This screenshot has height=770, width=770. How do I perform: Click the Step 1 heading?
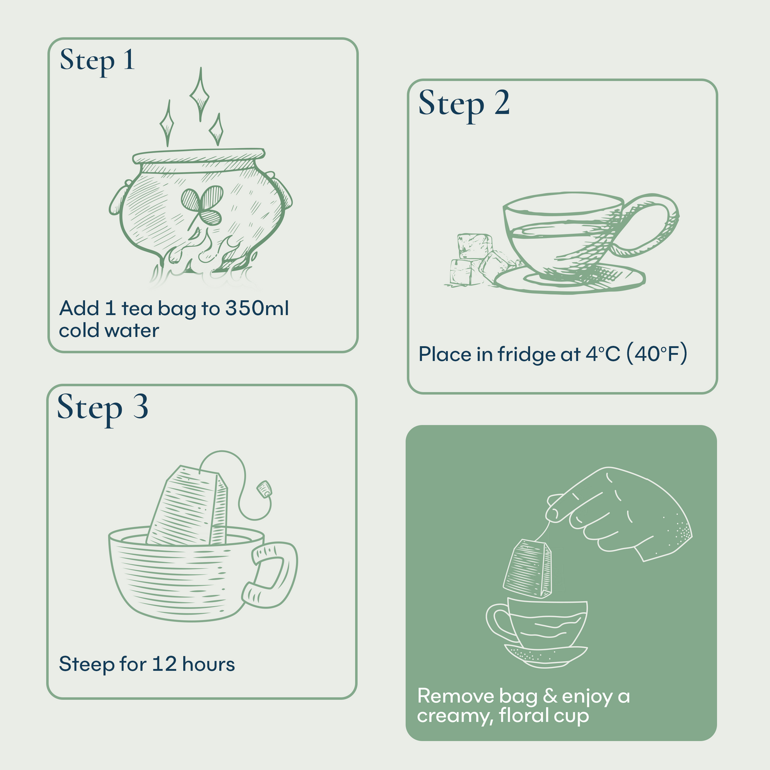[x=97, y=61]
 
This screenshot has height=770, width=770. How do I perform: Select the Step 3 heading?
[x=103, y=408]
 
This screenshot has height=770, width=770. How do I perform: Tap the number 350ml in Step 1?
[x=257, y=309]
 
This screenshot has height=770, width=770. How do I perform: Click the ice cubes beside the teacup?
[x=475, y=259]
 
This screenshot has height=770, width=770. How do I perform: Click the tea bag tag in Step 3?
[x=264, y=488]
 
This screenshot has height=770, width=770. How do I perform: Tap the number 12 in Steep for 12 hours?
[x=164, y=664]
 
